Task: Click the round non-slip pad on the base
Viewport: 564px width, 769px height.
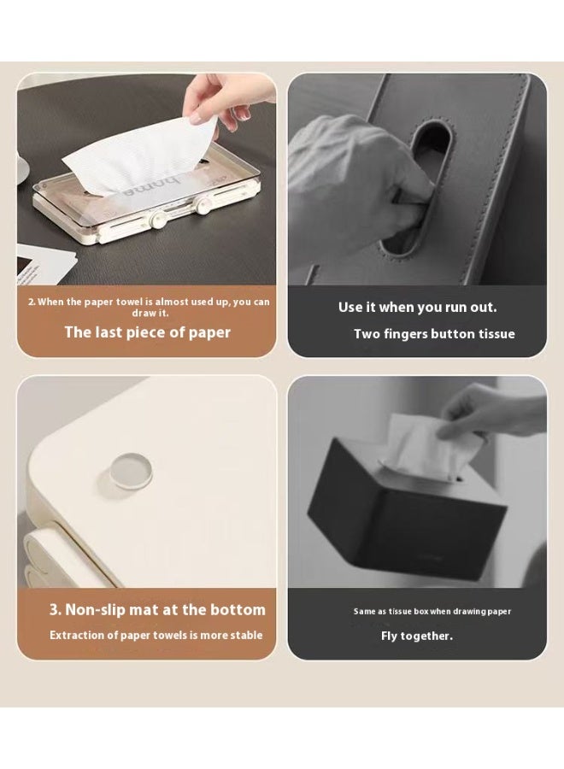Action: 131,471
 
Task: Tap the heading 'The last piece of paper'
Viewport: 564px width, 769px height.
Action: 148,332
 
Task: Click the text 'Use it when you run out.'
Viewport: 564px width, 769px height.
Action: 417,308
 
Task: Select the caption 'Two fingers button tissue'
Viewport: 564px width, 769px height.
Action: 434,334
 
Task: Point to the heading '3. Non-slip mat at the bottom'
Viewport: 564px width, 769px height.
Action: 157,609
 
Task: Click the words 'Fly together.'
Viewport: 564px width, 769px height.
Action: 417,636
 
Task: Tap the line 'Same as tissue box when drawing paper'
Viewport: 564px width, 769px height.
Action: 432,612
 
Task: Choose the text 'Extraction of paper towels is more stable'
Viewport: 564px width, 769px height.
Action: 156,635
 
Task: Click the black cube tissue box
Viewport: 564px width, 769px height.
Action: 407,510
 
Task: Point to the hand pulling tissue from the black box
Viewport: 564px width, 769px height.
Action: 485,412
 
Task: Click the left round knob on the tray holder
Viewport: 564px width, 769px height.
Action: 158,220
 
